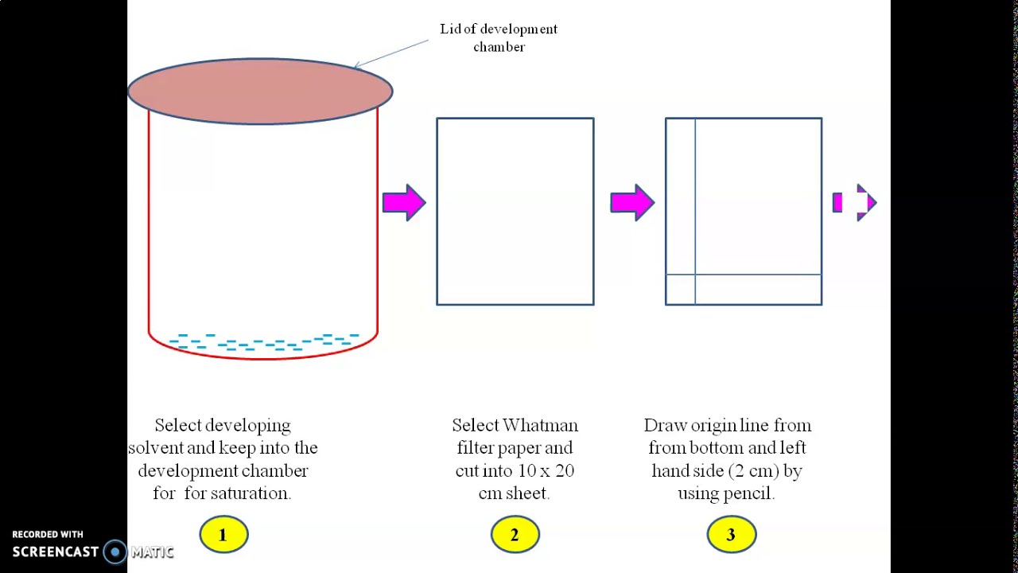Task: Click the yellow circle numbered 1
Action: (x=223, y=535)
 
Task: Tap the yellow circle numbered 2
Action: (x=515, y=535)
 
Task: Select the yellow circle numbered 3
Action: (x=731, y=535)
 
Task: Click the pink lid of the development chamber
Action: (x=260, y=91)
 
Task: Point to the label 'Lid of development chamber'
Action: (x=499, y=37)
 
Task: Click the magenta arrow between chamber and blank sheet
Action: (x=404, y=203)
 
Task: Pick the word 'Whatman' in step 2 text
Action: (x=540, y=426)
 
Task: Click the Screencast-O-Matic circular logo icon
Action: (x=115, y=552)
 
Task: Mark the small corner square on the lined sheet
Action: (x=680, y=290)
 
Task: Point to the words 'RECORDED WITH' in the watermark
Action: (x=48, y=535)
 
